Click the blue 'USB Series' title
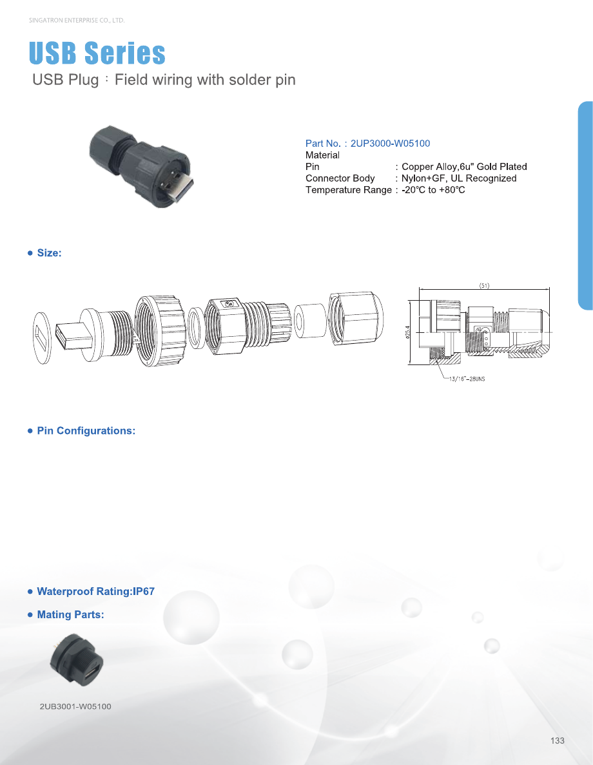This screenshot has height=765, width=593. coord(97,53)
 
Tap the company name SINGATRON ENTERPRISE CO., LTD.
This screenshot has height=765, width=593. coord(77,21)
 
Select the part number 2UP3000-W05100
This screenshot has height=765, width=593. coord(391,144)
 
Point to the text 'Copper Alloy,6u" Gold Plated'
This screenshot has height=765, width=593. coord(464,167)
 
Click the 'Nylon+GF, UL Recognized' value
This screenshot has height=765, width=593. coord(459,178)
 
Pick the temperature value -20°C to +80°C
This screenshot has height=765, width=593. coord(433,190)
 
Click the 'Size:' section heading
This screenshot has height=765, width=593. coord(50,252)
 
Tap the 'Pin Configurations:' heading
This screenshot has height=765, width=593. coord(86,431)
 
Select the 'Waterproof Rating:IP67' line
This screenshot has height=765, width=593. coord(96,591)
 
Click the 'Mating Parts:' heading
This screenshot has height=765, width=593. coord(70,615)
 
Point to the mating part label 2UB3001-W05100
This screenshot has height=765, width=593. coord(75,706)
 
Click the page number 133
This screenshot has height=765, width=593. coord(558,741)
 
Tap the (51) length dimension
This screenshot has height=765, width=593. coord(484,285)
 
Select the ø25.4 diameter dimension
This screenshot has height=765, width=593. coord(407,332)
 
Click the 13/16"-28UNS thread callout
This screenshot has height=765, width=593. coord(467,379)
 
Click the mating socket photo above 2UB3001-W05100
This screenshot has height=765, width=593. coord(77,659)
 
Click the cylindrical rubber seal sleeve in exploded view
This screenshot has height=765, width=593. coord(309,321)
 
